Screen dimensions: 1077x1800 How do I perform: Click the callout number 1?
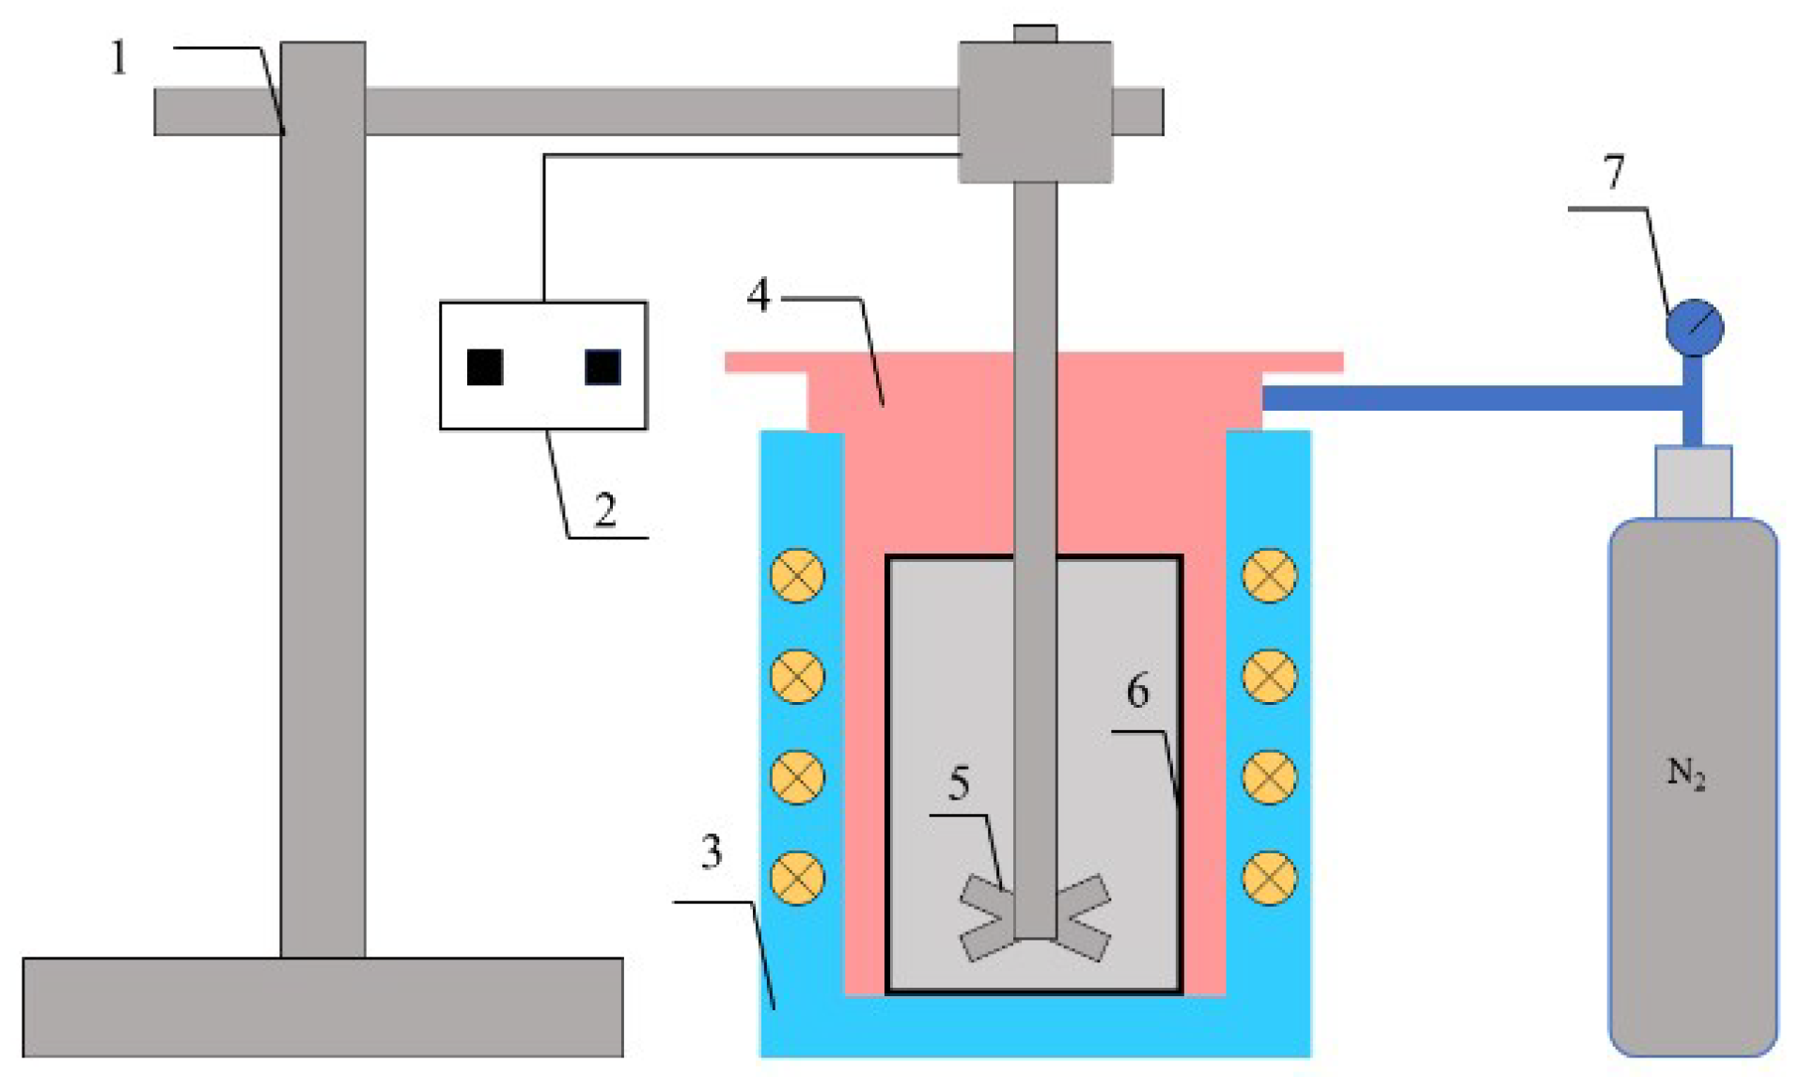[118, 58]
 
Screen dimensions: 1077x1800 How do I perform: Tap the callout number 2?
[605, 510]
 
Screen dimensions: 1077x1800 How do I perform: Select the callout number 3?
[712, 851]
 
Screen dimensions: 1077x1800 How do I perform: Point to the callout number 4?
[759, 295]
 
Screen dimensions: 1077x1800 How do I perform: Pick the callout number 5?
[959, 783]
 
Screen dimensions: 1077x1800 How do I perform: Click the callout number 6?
[1137, 691]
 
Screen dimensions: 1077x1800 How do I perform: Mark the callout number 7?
[1614, 172]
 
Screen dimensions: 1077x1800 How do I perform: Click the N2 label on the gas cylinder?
[1686, 773]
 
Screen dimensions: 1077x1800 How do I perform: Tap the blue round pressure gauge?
[1695, 328]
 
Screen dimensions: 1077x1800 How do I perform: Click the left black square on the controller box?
[485, 367]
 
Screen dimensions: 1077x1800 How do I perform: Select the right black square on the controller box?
[603, 367]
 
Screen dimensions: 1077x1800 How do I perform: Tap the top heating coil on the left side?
[798, 575]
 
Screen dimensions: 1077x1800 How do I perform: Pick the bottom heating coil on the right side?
[1270, 878]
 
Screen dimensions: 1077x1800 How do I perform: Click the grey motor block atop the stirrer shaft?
[1035, 111]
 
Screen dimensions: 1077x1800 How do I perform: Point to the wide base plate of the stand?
[322, 1007]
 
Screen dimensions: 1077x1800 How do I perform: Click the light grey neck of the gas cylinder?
[1693, 481]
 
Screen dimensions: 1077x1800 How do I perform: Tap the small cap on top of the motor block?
[1035, 34]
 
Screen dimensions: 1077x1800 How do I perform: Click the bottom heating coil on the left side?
[798, 878]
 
